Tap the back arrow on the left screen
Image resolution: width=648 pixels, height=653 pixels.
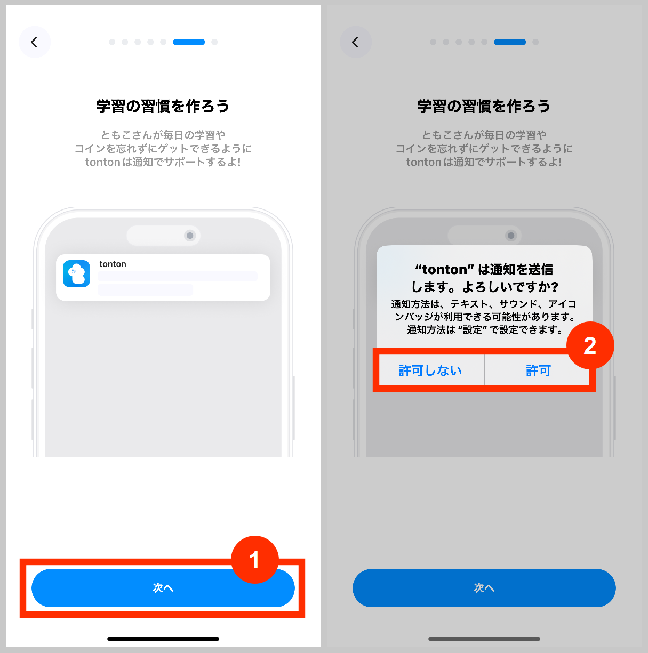point(35,42)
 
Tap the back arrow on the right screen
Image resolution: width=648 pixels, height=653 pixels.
point(356,42)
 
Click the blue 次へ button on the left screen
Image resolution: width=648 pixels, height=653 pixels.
point(163,588)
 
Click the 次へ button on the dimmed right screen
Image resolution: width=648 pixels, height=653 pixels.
point(484,588)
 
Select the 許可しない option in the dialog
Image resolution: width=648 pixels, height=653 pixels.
point(430,370)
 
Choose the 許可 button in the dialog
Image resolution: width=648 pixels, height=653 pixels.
point(538,370)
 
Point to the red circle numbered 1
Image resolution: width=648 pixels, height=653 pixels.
point(254,560)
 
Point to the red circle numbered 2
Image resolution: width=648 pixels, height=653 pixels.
point(590,346)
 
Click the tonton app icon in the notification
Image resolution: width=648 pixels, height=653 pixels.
point(77,274)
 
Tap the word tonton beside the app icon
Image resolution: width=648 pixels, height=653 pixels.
point(113,264)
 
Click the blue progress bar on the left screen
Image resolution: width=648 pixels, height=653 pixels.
point(189,42)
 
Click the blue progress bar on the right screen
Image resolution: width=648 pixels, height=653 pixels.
point(510,42)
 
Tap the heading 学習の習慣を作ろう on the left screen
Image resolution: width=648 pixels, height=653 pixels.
point(163,106)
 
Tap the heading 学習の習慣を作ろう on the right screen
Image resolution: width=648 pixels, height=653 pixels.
point(484,106)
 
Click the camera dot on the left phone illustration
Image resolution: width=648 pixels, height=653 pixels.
point(190,236)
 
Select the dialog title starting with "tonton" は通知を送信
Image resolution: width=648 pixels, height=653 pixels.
point(484,278)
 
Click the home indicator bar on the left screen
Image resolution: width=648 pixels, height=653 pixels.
point(163,639)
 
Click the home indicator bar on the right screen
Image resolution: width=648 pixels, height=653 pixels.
point(484,639)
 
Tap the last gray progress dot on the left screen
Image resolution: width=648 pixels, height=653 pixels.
point(214,42)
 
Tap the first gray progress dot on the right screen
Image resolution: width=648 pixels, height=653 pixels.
point(433,42)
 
